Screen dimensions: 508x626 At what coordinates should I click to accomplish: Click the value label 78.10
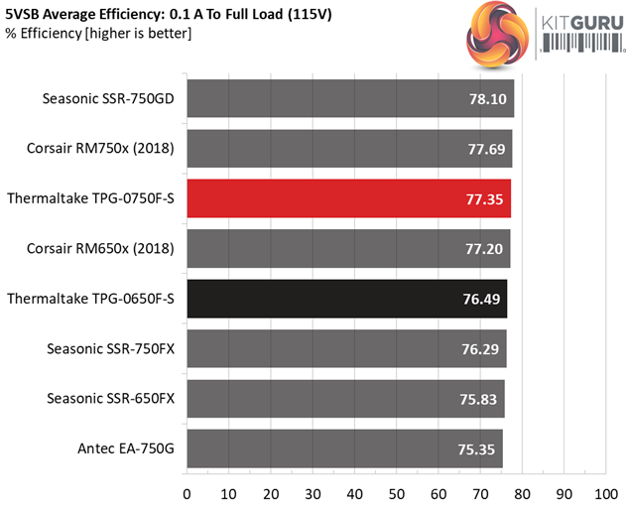click(x=486, y=99)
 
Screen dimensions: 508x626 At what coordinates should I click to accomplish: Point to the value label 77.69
click(x=485, y=149)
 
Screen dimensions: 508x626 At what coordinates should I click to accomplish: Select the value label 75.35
click(x=475, y=448)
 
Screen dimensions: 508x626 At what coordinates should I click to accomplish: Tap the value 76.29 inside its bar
click(x=479, y=349)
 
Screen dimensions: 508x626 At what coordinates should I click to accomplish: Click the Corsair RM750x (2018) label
click(x=100, y=149)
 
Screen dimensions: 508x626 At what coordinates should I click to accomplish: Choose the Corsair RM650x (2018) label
click(x=100, y=249)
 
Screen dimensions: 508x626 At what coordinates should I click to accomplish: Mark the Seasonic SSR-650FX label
click(x=110, y=399)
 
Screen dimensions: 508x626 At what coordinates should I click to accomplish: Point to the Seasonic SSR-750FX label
click(x=110, y=349)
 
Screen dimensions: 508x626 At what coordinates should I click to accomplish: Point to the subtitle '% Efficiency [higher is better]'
click(x=98, y=34)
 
